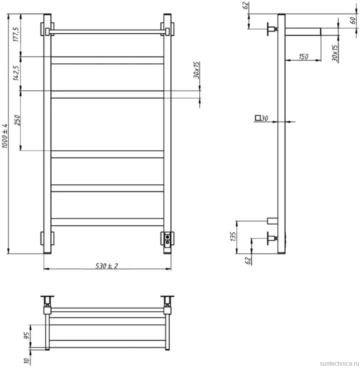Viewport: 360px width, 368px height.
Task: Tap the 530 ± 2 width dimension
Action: pos(107,266)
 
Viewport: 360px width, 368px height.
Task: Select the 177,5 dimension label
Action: pos(16,35)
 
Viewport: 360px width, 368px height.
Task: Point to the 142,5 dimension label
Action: pos(16,73)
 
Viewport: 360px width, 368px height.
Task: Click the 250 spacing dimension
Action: pos(17,120)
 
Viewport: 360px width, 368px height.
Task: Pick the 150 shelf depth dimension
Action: pos(303,57)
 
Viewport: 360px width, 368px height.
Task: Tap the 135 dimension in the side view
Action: pos(233,237)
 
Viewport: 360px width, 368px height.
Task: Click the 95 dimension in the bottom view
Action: pos(27,335)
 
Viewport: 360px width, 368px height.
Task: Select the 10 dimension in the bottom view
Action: pos(27,360)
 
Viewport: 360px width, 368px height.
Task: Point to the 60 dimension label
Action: pos(353,20)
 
